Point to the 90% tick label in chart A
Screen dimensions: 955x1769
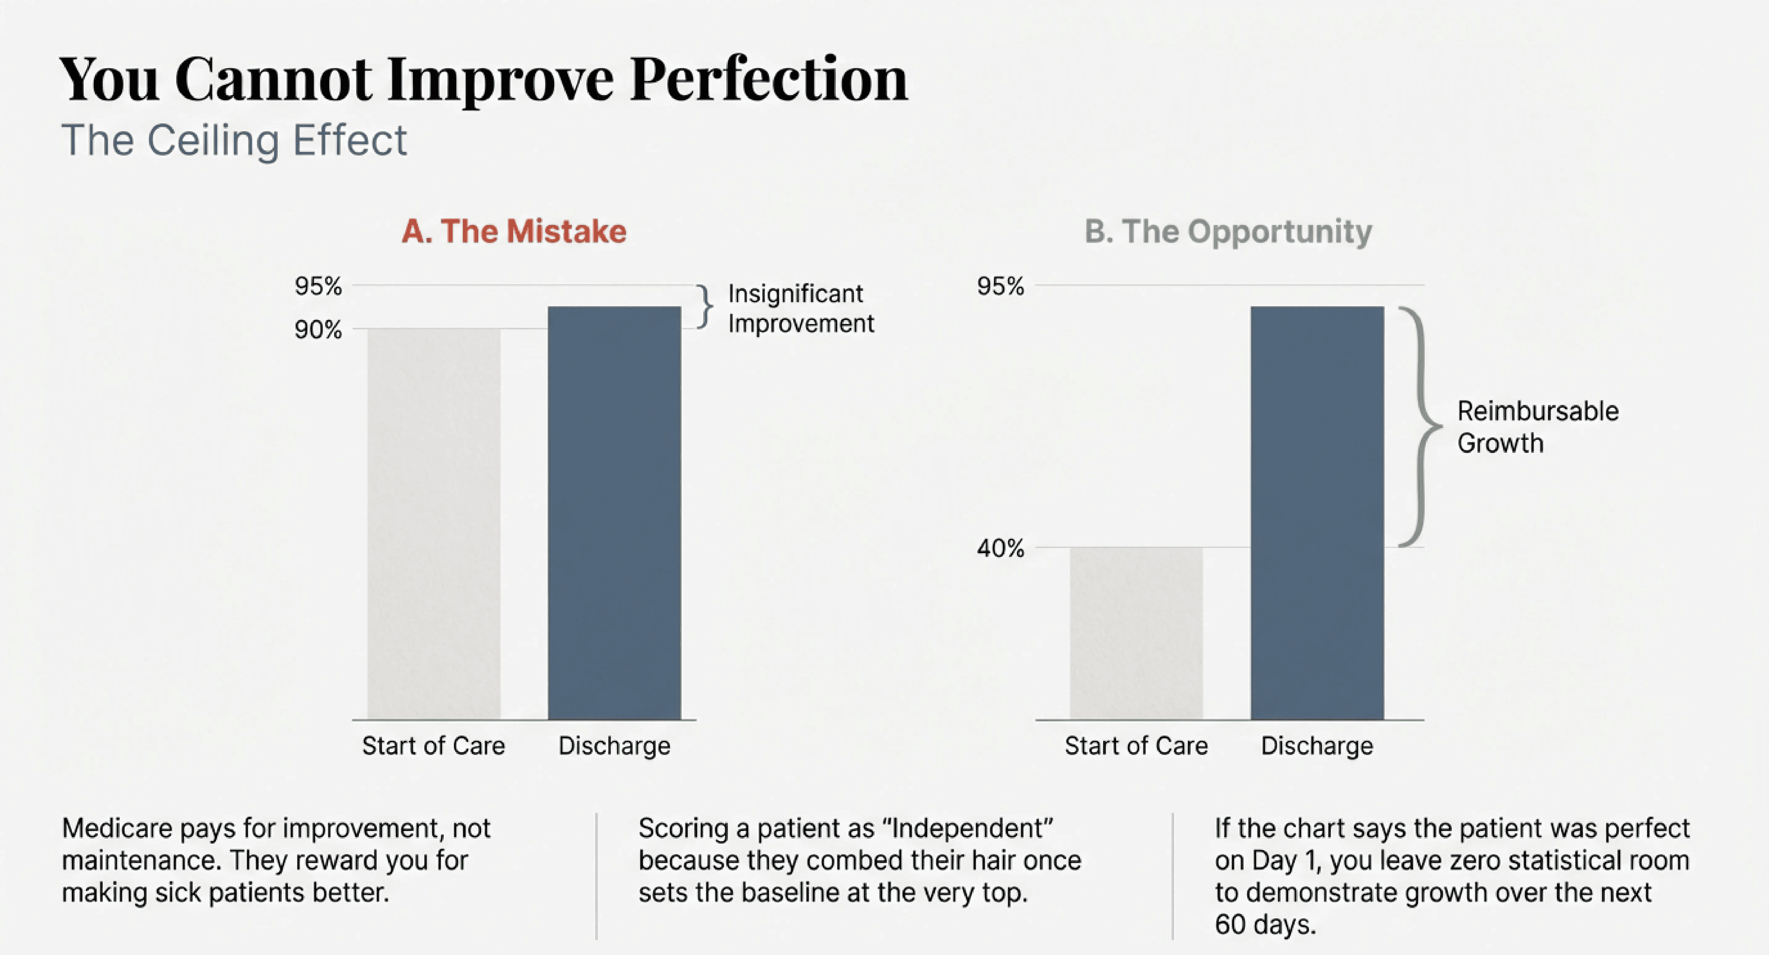pos(318,330)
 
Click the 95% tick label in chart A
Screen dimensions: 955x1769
pos(318,286)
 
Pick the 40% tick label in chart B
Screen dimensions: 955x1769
pos(1000,548)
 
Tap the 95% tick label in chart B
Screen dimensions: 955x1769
pos(1000,286)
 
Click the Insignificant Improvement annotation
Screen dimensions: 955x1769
pos(800,308)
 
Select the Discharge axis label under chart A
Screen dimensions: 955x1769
pos(614,745)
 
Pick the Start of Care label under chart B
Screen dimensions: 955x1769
pos(1136,745)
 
